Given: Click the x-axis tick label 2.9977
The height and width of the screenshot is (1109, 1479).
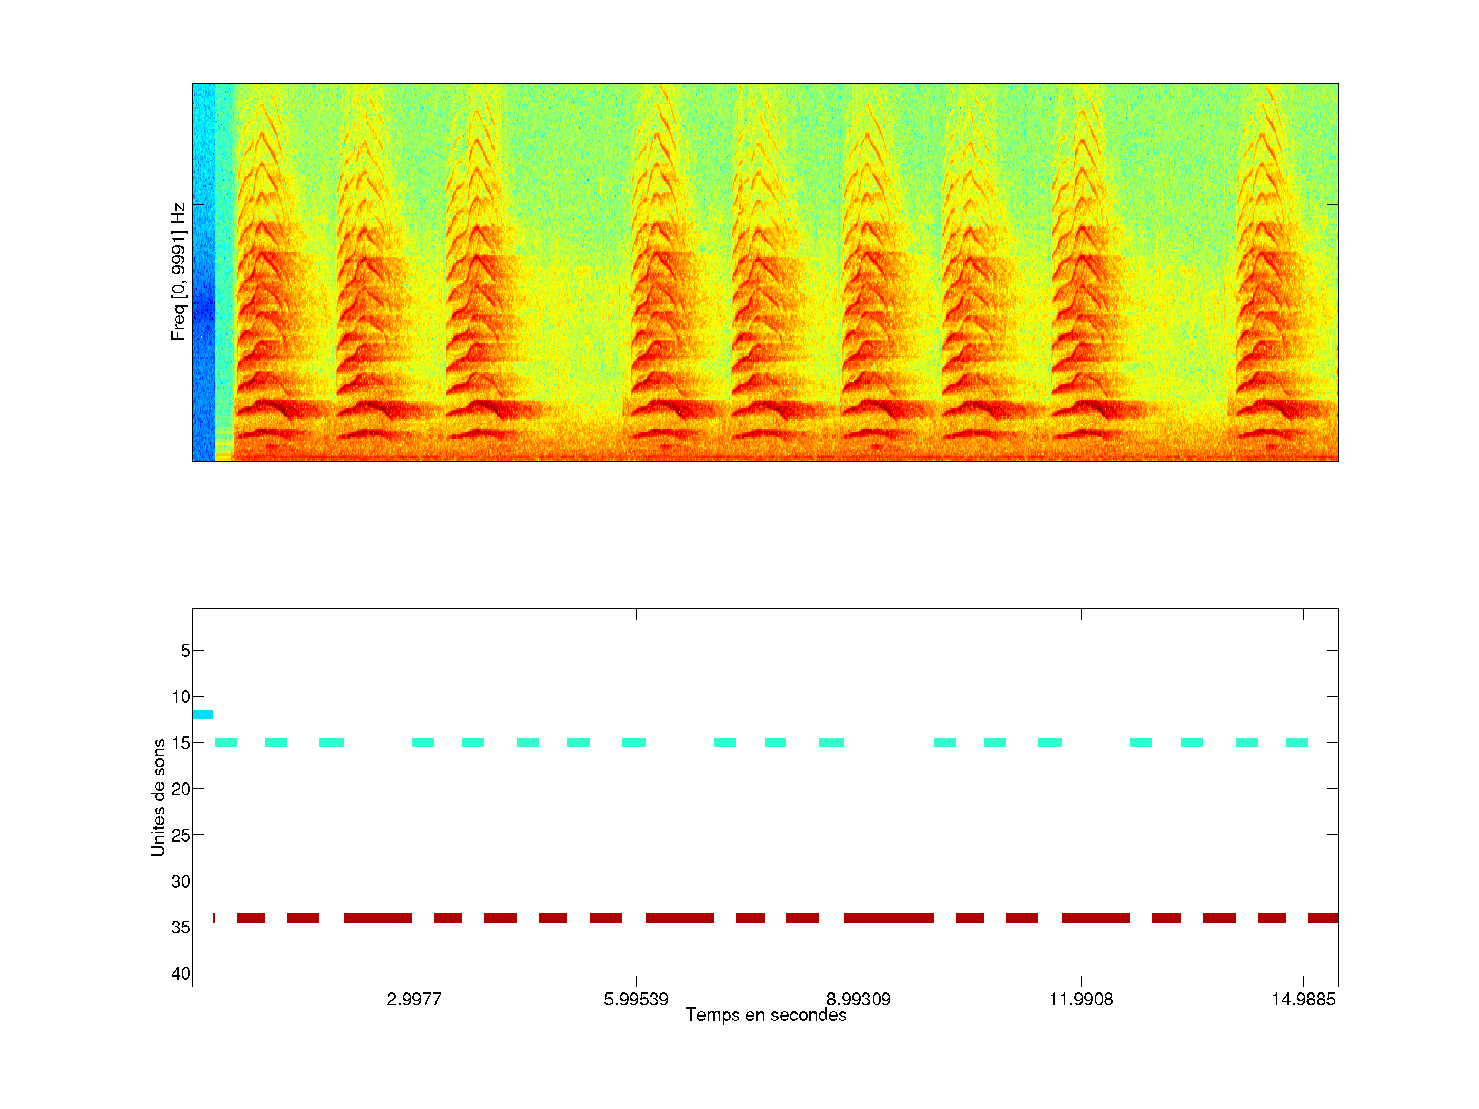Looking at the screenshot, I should coord(414,999).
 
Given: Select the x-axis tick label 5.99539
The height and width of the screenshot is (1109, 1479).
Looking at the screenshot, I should coord(636,999).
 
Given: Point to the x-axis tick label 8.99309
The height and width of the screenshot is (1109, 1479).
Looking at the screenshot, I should coord(859,999).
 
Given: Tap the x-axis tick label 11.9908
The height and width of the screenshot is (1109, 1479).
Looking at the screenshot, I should coord(1081,999).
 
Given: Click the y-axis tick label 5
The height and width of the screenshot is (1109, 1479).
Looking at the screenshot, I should coord(185,651).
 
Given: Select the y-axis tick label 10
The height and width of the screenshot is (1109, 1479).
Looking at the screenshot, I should coord(181,697).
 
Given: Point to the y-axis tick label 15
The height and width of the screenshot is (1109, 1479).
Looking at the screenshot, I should coord(181,743).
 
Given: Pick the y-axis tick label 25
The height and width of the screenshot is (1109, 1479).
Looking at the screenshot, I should coord(181,835).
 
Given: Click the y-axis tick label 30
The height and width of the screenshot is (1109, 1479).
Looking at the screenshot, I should coord(181,882).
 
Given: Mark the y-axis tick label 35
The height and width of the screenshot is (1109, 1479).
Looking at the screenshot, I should coord(181,927).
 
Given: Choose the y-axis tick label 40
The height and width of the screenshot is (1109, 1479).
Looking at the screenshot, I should coord(181,973).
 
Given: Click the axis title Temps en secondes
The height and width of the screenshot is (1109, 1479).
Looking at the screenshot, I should coord(766,1015).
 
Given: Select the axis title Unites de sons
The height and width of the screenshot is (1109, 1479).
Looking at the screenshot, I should coord(159,797).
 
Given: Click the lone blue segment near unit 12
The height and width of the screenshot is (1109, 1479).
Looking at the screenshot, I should coord(203,715).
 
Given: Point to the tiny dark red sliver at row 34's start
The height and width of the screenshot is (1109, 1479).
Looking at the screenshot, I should coord(214,918).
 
